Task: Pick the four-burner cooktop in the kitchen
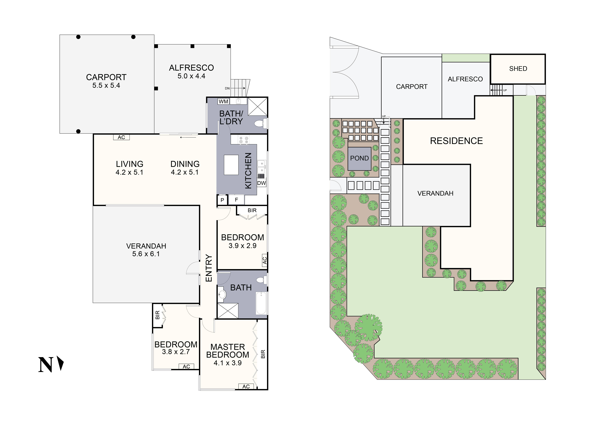[243, 140]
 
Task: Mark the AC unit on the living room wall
[121, 137]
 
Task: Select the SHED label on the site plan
[518, 69]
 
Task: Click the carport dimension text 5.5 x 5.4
[106, 85]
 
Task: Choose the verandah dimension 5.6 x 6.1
[146, 254]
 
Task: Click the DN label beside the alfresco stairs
[227, 88]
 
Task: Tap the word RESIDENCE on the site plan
[456, 141]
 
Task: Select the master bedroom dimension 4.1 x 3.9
[227, 363]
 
